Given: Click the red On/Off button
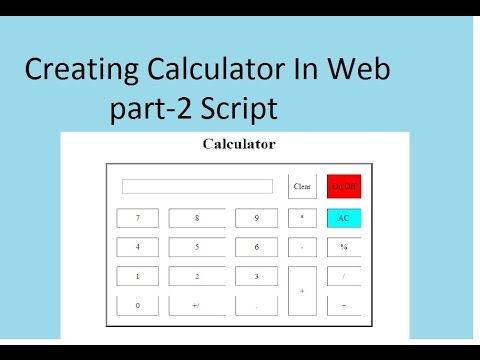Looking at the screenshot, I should (x=343, y=186).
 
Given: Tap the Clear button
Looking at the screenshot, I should (x=302, y=186).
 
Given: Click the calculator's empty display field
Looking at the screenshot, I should (x=197, y=186).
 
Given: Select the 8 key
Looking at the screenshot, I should (x=197, y=217).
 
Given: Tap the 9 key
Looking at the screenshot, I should (x=256, y=217).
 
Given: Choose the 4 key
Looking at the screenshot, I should (x=138, y=246).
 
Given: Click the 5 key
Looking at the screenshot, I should (x=197, y=246).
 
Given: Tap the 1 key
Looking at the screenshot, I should (x=138, y=276).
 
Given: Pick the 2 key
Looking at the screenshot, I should (x=197, y=276).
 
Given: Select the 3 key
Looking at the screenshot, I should (x=256, y=276).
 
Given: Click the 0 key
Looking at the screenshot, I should (x=138, y=305).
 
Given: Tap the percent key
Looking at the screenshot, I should (x=343, y=246).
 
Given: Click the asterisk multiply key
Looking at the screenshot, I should (x=302, y=217).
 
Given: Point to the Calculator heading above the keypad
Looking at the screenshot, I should (x=239, y=144).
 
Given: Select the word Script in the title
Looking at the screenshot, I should (x=240, y=108).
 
